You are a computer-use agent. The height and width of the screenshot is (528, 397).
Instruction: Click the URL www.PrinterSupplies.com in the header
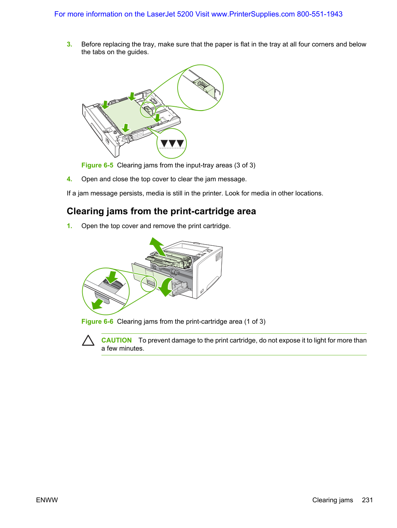(253, 14)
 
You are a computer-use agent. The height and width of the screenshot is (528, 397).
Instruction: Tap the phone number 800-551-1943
(320, 14)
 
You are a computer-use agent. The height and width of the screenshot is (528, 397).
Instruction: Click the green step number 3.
(69, 44)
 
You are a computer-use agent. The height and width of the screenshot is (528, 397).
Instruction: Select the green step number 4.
(69, 179)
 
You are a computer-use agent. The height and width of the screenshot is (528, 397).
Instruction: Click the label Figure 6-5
(97, 165)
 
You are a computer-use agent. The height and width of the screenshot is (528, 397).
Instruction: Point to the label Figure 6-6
(97, 322)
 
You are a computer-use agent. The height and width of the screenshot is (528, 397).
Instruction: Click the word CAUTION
(116, 340)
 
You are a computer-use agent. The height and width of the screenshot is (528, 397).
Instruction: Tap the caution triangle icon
(88, 340)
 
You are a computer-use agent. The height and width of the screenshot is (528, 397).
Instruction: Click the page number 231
(367, 500)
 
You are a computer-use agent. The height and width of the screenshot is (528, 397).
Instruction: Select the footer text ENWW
(47, 500)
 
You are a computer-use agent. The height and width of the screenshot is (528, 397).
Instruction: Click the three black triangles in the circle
(172, 143)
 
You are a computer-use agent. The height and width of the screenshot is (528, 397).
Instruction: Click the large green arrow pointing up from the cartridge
(158, 247)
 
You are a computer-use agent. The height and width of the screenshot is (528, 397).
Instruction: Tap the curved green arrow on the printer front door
(166, 288)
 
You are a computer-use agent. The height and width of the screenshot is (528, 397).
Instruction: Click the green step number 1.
(69, 226)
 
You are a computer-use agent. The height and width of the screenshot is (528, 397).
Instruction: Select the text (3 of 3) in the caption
(245, 165)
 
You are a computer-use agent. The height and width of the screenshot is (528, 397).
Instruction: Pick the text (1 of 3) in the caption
(255, 322)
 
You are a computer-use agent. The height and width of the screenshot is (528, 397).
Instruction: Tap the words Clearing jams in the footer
(332, 500)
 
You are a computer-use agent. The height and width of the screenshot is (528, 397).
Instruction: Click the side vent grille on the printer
(218, 256)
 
